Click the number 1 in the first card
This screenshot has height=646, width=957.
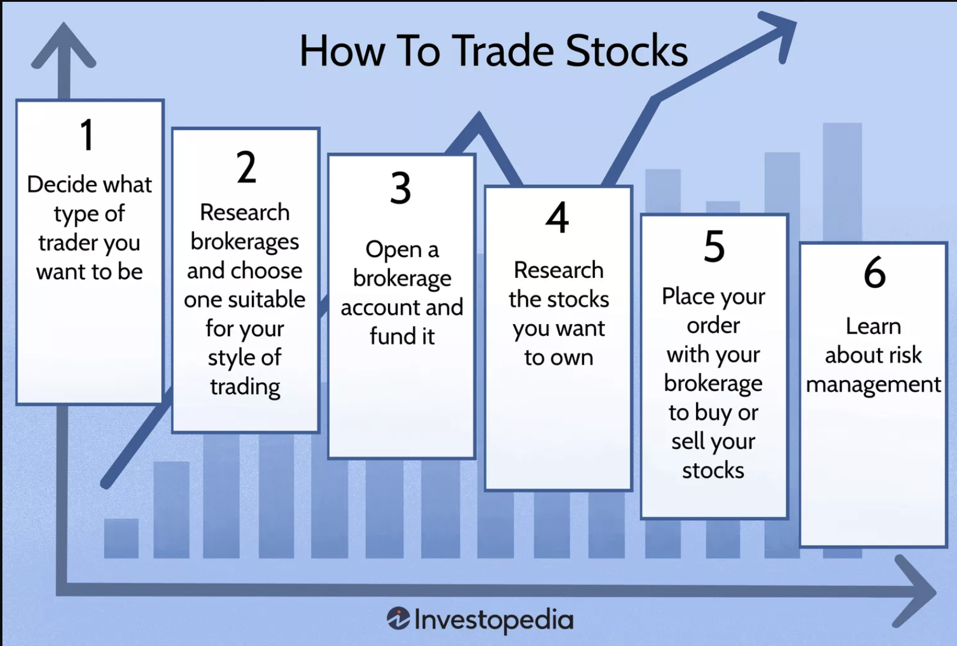click(87, 134)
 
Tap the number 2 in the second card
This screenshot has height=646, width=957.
click(246, 167)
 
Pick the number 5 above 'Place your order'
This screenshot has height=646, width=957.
click(714, 246)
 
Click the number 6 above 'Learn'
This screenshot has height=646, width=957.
click(874, 272)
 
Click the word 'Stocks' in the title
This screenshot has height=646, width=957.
click(627, 51)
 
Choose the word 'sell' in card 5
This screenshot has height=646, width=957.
click(688, 441)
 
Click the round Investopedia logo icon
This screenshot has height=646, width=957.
click(398, 618)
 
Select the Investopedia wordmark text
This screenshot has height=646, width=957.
click(494, 620)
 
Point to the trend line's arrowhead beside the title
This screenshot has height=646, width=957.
click(777, 34)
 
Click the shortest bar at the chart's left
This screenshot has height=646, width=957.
click(121, 538)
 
